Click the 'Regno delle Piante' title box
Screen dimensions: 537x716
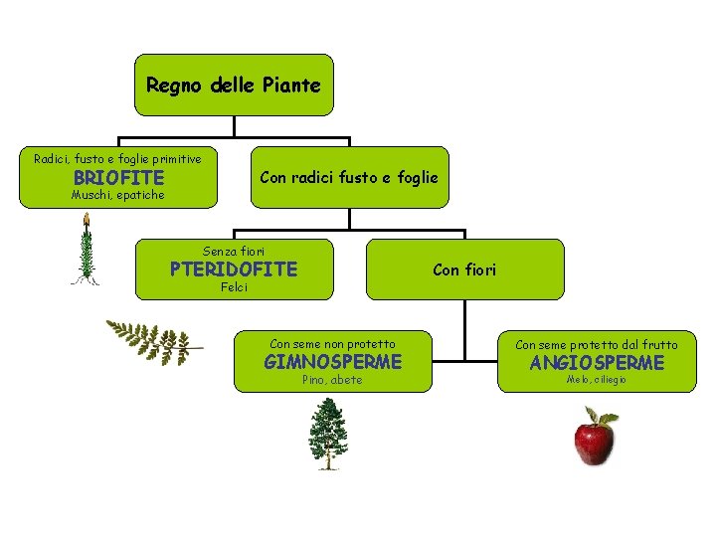[234, 86]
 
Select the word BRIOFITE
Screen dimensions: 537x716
[118, 178]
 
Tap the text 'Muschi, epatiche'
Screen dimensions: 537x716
[117, 196]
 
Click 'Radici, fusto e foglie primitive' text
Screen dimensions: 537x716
[117, 159]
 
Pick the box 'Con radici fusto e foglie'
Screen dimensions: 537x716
[348, 178]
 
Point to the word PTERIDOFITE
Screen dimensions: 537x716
[234, 269]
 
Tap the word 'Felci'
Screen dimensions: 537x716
[234, 288]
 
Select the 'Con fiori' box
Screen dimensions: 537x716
[464, 269]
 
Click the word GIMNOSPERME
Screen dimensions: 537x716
[332, 362]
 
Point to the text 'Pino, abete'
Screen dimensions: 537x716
[332, 381]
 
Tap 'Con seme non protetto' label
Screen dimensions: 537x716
[332, 344]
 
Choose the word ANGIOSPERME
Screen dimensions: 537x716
[597, 363]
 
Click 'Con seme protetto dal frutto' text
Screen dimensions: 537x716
[597, 345]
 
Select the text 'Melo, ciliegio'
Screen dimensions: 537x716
[597, 381]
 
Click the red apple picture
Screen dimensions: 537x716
[593, 444]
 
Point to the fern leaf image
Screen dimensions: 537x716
[149, 340]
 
